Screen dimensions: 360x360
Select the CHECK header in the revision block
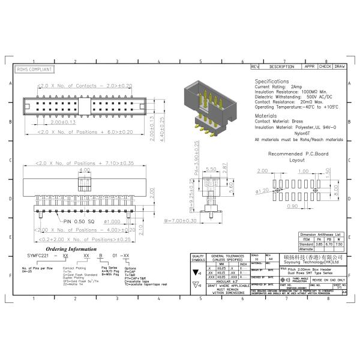tap(325, 66)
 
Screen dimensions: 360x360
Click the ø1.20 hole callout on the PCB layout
tap(263, 191)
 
